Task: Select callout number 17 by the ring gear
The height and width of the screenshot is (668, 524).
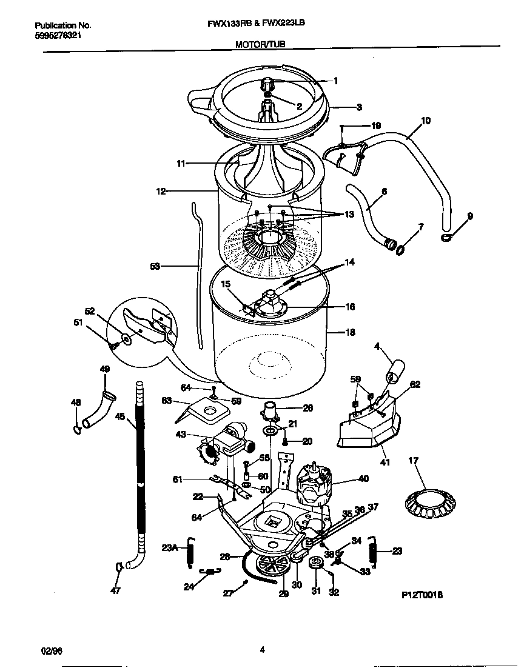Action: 413,461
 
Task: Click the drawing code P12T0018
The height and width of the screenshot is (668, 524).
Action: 422,596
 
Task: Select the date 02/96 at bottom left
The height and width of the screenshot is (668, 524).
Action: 52,650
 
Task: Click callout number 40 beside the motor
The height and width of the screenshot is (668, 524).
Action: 363,478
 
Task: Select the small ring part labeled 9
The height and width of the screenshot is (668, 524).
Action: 448,237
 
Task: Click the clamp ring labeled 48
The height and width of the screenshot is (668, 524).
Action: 77,430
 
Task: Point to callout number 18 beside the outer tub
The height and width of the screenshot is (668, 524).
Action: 350,332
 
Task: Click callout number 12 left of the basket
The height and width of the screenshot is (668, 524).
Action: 161,191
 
